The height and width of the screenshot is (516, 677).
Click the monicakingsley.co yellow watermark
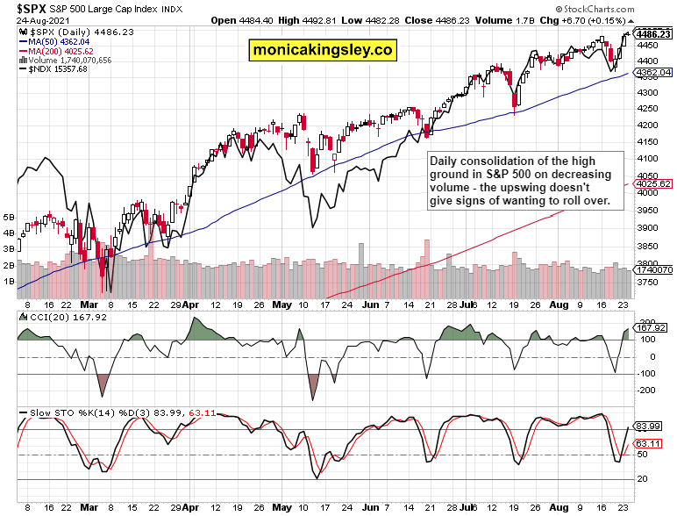(322, 50)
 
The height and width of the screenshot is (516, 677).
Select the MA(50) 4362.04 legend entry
(58, 40)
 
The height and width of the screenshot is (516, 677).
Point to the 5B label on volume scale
(10, 216)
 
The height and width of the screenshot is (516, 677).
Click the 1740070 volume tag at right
(656, 269)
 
